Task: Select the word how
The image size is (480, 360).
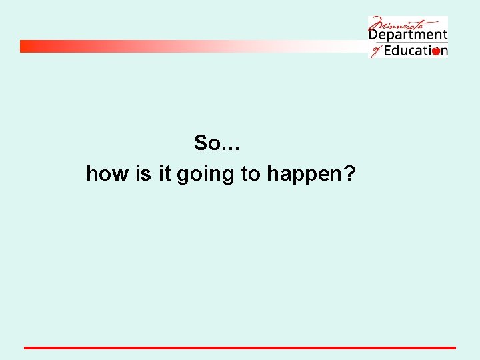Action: pyautogui.click(x=107, y=174)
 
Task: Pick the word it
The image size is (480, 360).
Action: pyautogui.click(x=165, y=174)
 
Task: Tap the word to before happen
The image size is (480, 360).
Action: pyautogui.click(x=251, y=175)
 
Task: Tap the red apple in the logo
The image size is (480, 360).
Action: pyautogui.click(x=436, y=51)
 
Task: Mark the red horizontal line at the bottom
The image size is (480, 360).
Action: pyautogui.click(x=240, y=347)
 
